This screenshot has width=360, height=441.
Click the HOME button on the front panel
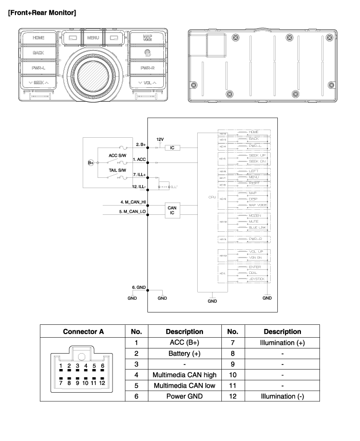coord(39,38)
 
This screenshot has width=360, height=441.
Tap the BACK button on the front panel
coord(39,52)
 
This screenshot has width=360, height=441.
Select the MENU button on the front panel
coord(93,38)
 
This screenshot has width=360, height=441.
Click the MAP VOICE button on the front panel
coord(147,38)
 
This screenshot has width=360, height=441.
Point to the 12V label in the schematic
coord(159,139)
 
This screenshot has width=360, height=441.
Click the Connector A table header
coord(79,332)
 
